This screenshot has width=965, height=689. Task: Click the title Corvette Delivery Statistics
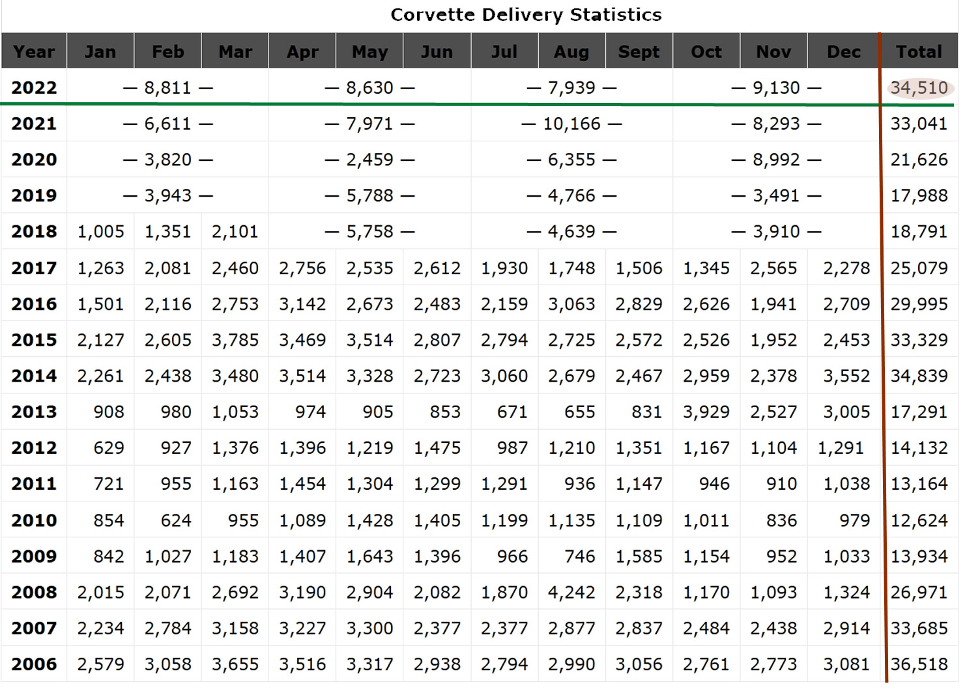pos(526,15)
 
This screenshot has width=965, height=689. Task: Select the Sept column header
pos(639,51)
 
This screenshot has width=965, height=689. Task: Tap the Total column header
pos(919,51)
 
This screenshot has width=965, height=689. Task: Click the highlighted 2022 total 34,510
pos(919,88)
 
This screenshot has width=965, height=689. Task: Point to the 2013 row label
pos(34,412)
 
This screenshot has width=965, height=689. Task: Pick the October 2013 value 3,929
pos(706,412)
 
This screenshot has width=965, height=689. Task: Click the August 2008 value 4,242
pos(571,593)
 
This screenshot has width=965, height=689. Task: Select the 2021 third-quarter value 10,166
pos(571,124)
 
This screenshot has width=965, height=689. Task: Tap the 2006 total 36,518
pos(919,665)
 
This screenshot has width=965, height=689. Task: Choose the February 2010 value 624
pos(176,521)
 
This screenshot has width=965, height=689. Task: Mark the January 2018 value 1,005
pos(100,232)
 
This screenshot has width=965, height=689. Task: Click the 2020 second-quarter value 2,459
pos(369,160)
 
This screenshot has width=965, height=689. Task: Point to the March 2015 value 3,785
pos(235,340)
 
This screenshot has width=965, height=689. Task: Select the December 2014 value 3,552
pos(846,376)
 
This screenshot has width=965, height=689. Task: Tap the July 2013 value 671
pos(512,412)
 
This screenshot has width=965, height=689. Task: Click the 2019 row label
pos(34,195)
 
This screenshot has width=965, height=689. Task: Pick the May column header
pos(369,51)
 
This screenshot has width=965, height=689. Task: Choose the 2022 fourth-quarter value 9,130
pos(776,88)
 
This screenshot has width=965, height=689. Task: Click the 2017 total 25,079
pos(919,268)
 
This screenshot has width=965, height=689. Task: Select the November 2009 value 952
pos(781,557)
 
